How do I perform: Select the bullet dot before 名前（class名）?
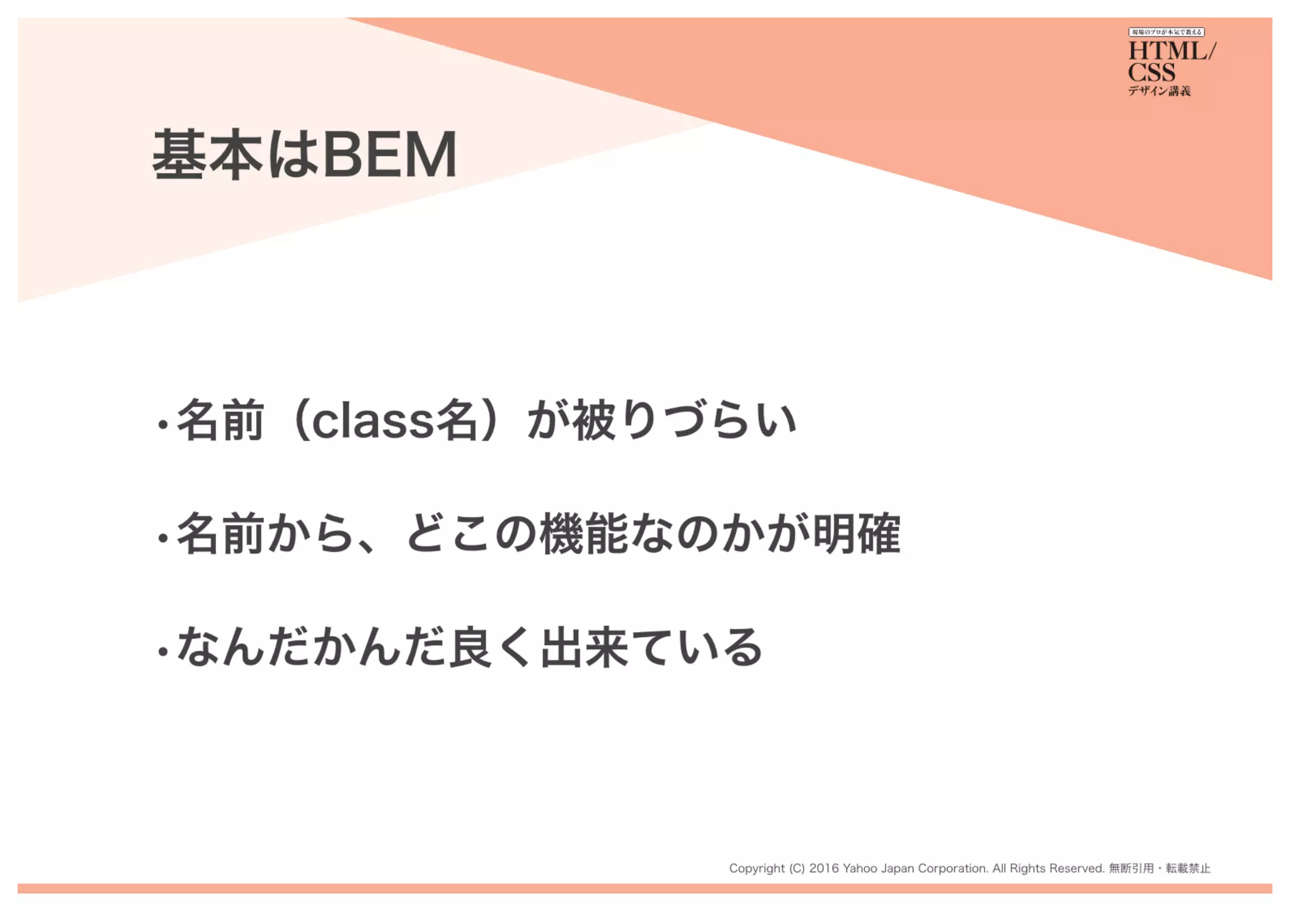tap(163, 425)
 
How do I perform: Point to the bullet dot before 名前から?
tap(163, 538)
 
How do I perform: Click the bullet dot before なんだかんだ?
tap(163, 652)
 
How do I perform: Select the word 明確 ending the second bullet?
tap(857, 535)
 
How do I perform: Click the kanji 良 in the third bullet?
tap(470, 648)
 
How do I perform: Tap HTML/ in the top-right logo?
tap(1172, 51)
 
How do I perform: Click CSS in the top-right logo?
tap(1151, 72)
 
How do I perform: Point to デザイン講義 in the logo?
tap(1159, 91)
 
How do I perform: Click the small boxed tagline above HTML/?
tap(1166, 32)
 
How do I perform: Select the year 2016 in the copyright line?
tap(824, 869)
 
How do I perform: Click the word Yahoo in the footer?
tap(860, 869)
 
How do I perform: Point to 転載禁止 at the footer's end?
tap(1188, 869)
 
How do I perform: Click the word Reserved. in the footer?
tap(1076, 869)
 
